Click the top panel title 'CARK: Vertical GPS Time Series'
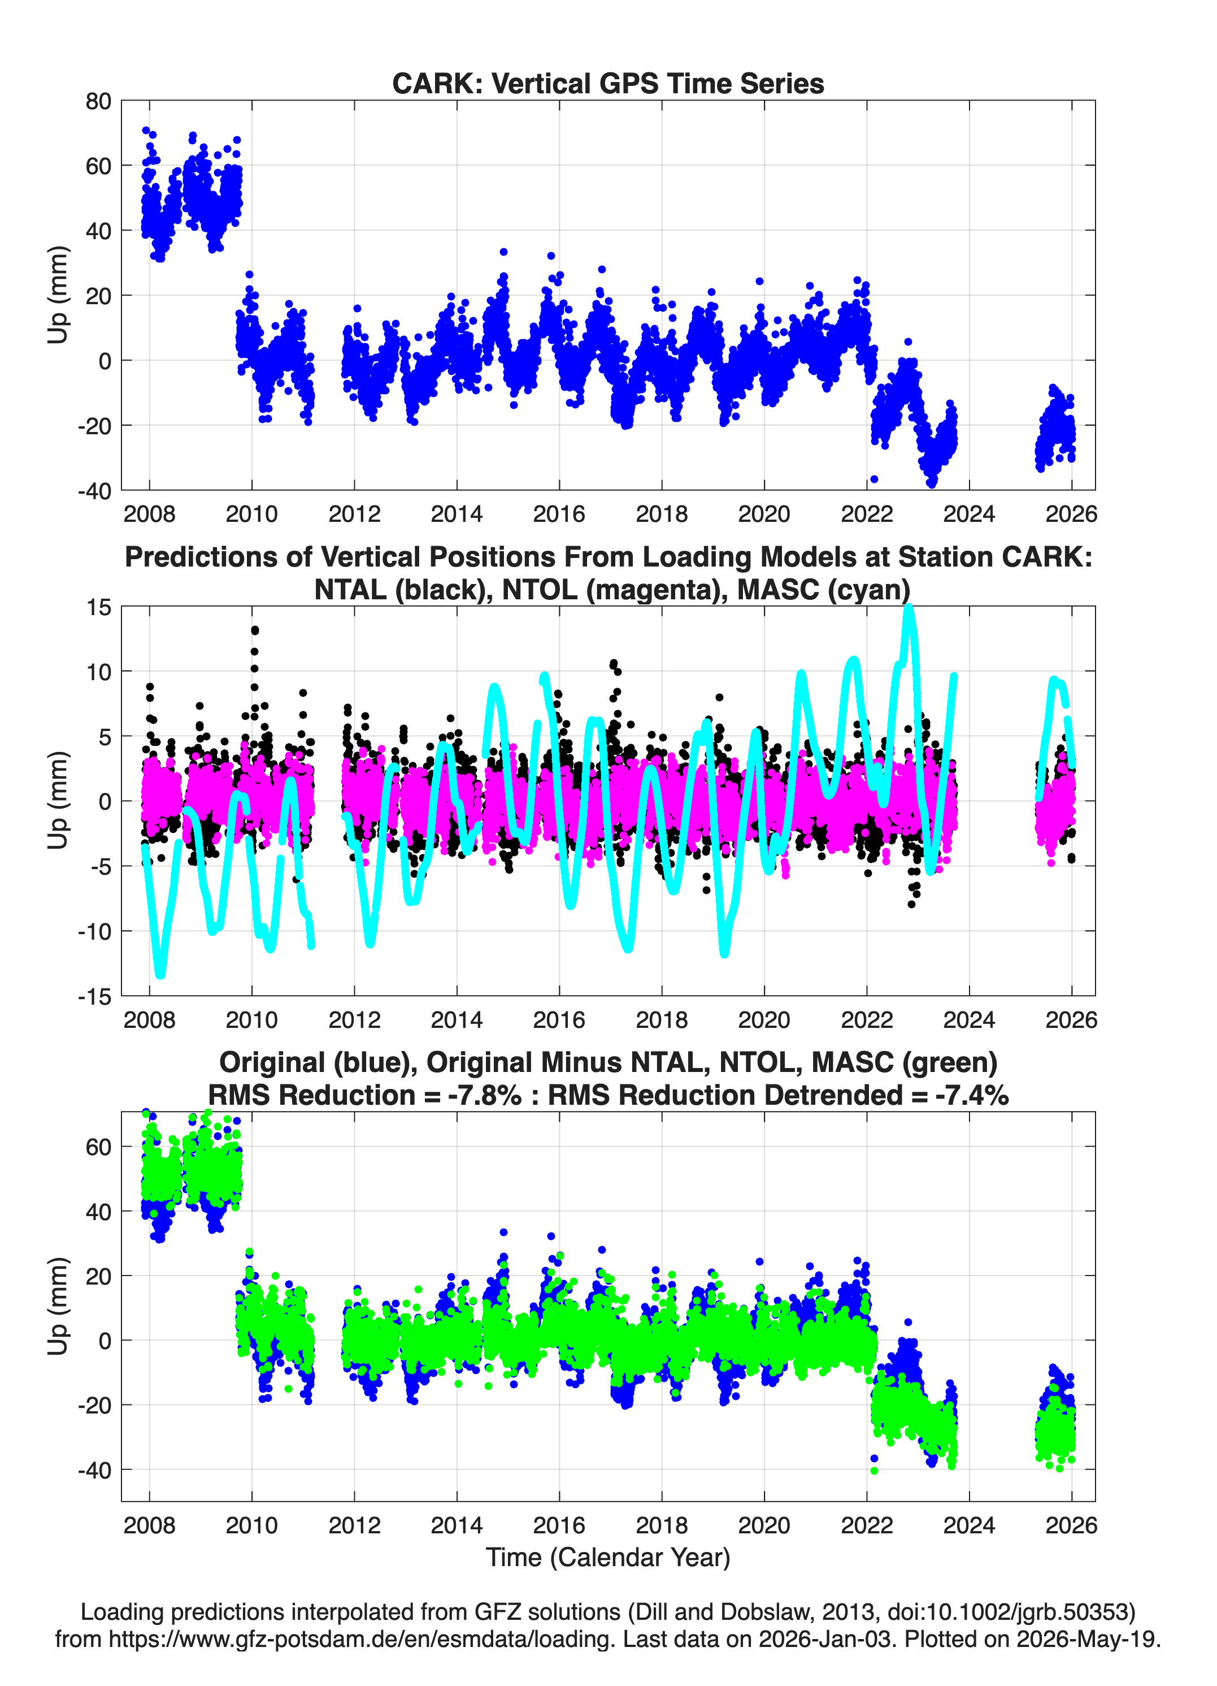click(x=608, y=83)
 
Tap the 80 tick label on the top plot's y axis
click(x=98, y=101)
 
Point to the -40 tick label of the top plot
click(x=94, y=491)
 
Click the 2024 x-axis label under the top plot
click(x=969, y=514)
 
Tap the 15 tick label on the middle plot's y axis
click(x=99, y=607)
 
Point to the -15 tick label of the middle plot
click(x=94, y=996)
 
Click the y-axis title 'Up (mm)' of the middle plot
click(x=58, y=801)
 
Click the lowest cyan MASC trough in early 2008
click(x=160, y=973)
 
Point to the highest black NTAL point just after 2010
click(x=255, y=630)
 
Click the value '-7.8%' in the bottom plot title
click(x=485, y=1095)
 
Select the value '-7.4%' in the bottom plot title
click(x=972, y=1095)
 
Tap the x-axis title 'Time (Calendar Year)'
click(x=608, y=1557)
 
